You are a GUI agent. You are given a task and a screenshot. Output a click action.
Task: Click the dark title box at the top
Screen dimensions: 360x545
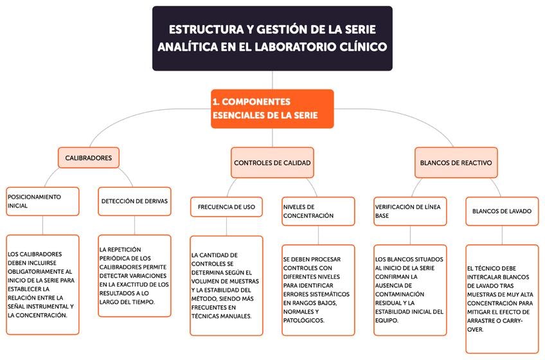[272, 38]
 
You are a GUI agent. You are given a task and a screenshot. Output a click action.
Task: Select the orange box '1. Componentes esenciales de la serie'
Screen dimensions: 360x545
[272, 109]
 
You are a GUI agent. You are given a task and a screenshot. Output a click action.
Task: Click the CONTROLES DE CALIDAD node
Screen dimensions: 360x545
[272, 163]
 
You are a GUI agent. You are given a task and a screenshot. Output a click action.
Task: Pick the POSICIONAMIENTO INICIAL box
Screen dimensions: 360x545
[42, 201]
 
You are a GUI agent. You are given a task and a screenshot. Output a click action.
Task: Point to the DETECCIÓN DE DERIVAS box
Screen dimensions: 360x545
[134, 201]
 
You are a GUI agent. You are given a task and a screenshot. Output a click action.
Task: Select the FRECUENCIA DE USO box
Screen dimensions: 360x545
[226, 206]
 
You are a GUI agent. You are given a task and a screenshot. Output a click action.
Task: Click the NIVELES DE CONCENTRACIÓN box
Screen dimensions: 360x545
[318, 211]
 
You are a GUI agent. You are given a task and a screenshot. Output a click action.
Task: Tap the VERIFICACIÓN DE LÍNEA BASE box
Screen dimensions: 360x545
[409, 211]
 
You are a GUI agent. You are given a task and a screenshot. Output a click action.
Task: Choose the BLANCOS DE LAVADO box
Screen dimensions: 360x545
[501, 211]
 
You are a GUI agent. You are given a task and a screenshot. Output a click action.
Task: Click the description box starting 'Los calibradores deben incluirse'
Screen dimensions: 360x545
[42, 285]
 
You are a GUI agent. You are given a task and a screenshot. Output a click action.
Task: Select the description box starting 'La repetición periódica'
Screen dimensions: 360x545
[134, 275]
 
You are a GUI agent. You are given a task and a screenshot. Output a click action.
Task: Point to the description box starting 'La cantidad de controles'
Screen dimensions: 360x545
[226, 285]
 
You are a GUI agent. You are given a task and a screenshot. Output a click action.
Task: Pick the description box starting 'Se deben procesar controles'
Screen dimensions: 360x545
[318, 290]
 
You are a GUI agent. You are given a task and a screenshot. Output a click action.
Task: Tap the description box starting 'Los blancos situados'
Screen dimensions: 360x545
[409, 290]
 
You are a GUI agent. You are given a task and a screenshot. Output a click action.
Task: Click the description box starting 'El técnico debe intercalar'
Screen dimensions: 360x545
[501, 298]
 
